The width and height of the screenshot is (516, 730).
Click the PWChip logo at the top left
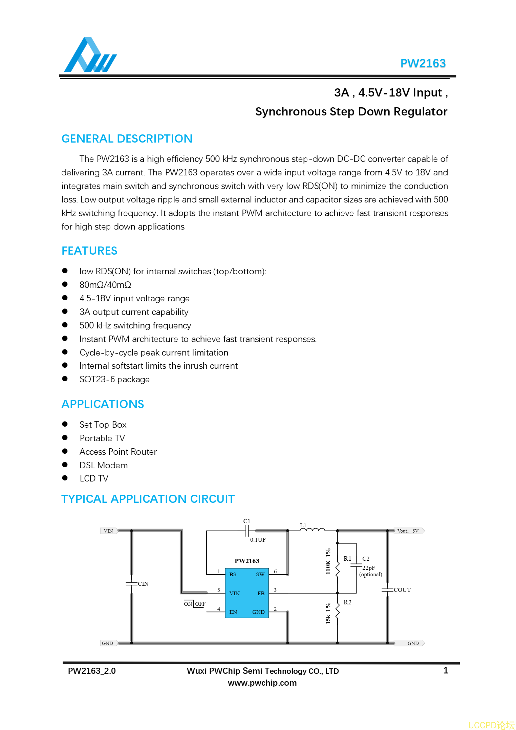click(90, 55)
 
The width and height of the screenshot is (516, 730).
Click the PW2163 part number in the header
click(423, 63)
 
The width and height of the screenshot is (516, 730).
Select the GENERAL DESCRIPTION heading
click(127, 139)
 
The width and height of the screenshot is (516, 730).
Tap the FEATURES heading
click(89, 251)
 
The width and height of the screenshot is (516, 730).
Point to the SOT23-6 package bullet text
click(114, 380)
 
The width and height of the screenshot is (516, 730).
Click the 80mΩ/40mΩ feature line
click(105, 285)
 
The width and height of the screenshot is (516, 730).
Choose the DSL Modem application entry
click(104, 466)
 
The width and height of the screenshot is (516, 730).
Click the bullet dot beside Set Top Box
click(65, 424)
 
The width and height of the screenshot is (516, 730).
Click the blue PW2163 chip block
click(247, 593)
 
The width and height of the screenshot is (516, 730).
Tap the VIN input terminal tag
click(109, 531)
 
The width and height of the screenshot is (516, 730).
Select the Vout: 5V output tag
click(408, 531)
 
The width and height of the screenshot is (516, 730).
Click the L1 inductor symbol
click(312, 530)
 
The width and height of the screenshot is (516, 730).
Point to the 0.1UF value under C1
click(258, 540)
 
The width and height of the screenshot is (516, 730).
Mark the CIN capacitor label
click(143, 584)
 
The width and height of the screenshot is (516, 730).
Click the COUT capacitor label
click(402, 590)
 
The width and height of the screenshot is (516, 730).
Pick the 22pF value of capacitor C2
click(369, 568)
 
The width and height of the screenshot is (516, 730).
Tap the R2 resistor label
click(347, 602)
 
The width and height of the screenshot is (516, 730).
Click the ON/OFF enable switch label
click(195, 604)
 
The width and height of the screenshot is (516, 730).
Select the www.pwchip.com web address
click(262, 683)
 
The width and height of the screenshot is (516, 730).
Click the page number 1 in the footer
click(446, 671)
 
